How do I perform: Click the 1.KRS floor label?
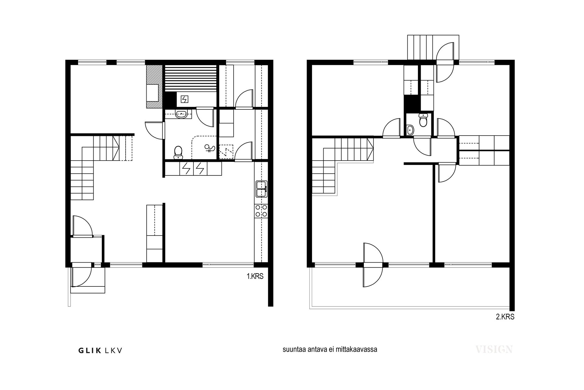tap(255, 276)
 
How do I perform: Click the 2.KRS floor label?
tap(505, 317)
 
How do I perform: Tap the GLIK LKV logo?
tap(100, 350)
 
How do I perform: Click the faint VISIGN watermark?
tap(494, 349)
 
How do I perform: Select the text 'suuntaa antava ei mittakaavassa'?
tap(330, 349)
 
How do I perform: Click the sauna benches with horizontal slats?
tap(191, 78)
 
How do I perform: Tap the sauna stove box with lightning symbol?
tap(184, 99)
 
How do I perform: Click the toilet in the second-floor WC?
tap(423, 120)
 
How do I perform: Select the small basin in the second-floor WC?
tap(410, 130)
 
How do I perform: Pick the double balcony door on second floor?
tap(373, 265)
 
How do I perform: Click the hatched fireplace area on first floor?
tap(154, 87)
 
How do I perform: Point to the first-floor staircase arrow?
tap(116, 148)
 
